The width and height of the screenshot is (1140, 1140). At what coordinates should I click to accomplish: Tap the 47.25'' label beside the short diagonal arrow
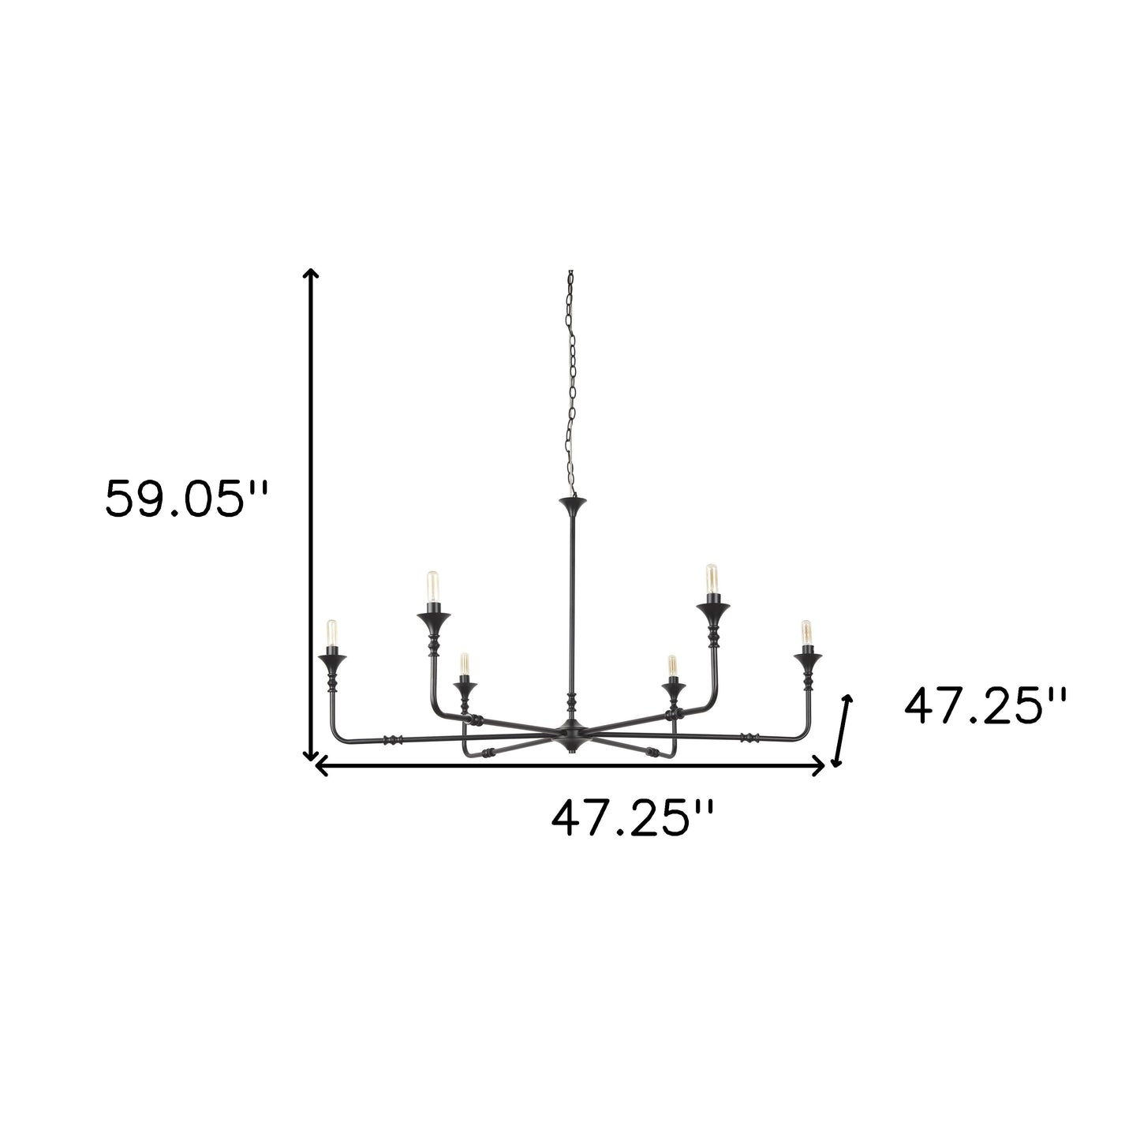pos(986,705)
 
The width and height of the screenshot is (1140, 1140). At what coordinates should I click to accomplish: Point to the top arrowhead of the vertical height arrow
pos(312,275)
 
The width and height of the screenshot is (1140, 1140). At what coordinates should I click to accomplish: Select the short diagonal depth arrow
pos(843,731)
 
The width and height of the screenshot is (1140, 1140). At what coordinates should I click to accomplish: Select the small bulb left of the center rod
pos(464,665)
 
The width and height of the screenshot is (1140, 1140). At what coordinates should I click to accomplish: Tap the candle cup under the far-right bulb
pos(807,657)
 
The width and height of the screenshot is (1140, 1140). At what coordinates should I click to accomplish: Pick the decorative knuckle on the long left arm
pos(392,740)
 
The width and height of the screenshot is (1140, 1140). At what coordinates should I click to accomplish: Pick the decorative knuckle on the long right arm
pos(748,738)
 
